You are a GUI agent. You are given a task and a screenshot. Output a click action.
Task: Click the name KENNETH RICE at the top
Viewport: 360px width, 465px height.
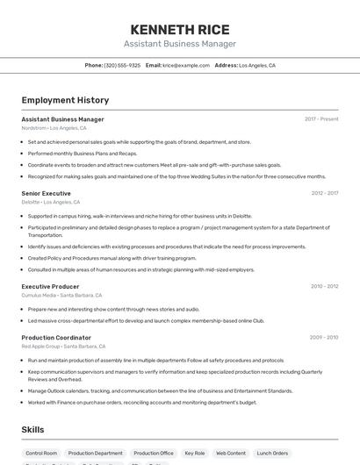point(179,29)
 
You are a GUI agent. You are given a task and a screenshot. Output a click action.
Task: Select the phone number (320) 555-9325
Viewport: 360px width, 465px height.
point(122,65)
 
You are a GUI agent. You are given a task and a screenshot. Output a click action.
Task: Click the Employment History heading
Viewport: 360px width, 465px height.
point(65,100)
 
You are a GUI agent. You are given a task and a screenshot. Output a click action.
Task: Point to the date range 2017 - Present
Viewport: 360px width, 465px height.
point(321,119)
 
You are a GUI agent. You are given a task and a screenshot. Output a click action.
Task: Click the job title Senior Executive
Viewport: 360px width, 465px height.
point(46,193)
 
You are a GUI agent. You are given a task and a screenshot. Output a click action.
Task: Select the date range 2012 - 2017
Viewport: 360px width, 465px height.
point(324,193)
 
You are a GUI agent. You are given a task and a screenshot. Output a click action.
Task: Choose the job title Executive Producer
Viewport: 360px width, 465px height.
point(50,286)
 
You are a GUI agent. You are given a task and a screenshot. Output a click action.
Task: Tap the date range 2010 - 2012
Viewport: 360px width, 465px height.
point(324,286)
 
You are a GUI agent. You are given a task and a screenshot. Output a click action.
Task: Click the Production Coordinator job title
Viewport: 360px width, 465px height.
point(56,337)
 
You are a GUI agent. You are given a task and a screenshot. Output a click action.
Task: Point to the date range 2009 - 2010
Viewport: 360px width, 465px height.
point(324,337)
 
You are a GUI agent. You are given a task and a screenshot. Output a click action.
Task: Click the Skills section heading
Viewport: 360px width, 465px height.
point(32,430)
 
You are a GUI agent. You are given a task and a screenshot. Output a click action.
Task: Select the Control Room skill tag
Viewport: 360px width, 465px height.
point(41,454)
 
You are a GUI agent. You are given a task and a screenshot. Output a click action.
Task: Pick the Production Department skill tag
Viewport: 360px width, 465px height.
point(96,454)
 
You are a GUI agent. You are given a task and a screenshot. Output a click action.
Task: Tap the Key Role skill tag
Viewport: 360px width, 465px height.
point(194,454)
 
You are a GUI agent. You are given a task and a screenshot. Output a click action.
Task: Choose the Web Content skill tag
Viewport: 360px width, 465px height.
point(231,454)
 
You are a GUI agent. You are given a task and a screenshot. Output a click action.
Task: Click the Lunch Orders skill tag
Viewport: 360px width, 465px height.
point(272,454)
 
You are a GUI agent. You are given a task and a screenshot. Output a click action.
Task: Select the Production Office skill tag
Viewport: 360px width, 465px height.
point(154,454)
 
